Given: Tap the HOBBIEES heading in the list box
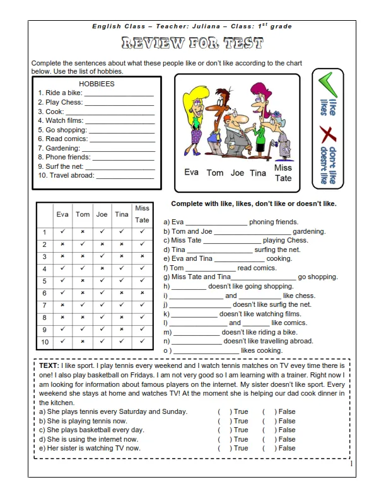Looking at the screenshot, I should click(96, 83).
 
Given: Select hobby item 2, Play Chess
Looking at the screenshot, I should click(60, 102).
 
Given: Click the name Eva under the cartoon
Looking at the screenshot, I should click(192, 171).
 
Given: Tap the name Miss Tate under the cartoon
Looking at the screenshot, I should click(283, 173).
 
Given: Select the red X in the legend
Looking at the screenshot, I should click(327, 134).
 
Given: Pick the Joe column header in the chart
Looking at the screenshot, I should click(102, 214).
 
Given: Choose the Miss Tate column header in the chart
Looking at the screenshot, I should click(142, 214).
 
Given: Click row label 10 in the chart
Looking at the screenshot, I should click(45, 341).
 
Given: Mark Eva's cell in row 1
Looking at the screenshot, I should click(62, 232).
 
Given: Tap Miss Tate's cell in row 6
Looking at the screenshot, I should click(142, 293).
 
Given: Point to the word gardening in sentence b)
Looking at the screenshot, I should click(309, 231).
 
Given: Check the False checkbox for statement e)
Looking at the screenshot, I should click(267, 448).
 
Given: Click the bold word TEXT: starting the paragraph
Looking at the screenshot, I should click(49, 365).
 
